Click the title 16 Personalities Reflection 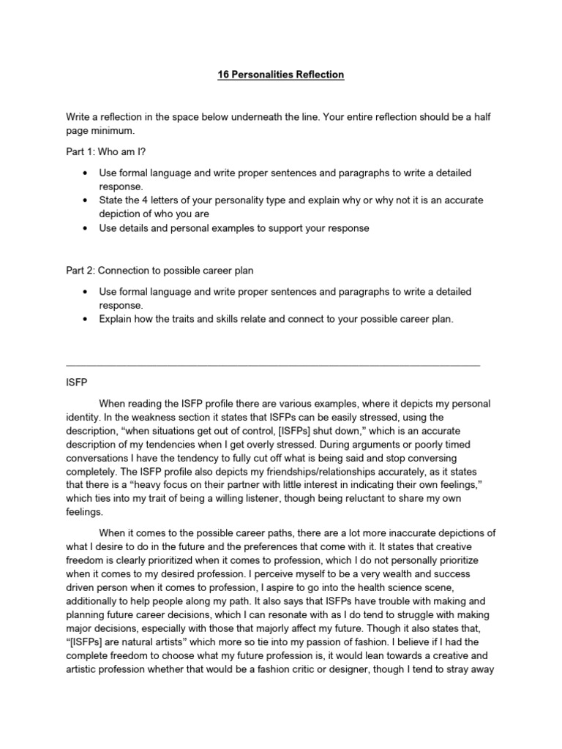point(281,75)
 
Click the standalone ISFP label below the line point(77,382)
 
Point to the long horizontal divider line point(273,364)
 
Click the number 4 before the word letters point(149,200)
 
